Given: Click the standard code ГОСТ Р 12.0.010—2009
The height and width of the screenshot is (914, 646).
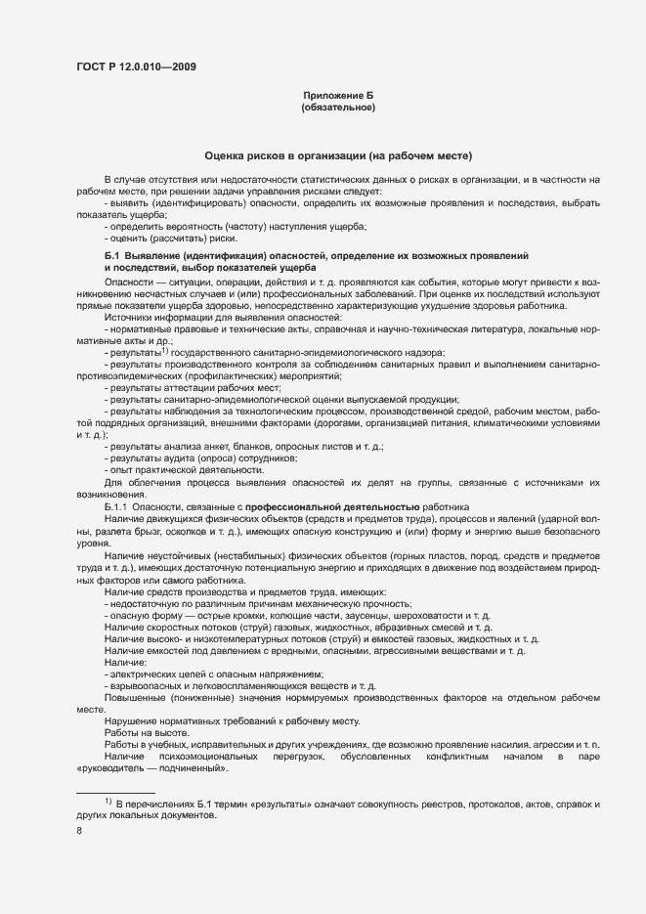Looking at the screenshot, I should pyautogui.click(x=136, y=67).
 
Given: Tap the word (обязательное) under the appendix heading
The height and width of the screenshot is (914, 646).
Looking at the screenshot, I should pyautogui.click(x=338, y=108).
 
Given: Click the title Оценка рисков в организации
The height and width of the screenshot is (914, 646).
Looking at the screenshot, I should pyautogui.click(x=338, y=155).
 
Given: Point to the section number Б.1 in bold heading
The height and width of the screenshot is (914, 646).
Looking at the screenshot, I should pyautogui.click(x=111, y=255).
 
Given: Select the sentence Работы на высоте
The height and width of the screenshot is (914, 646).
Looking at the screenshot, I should pyautogui.click(x=147, y=732).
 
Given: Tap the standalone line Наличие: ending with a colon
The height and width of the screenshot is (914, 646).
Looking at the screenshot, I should pyautogui.click(x=124, y=662).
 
